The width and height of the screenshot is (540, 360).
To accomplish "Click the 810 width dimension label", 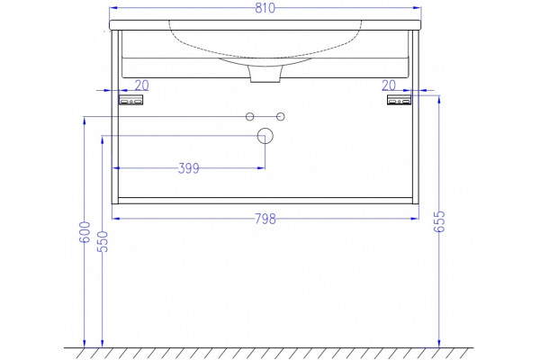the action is pyautogui.click(x=265, y=8).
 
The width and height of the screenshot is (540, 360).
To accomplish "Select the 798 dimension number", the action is pyautogui.click(x=265, y=219).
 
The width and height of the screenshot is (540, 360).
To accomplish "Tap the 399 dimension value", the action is pyautogui.click(x=188, y=168).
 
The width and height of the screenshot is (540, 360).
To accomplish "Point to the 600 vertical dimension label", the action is pyautogui.click(x=85, y=232).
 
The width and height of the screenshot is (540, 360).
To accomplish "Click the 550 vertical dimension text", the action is pyautogui.click(x=103, y=241).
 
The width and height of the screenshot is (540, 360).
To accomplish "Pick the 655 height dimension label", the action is pyautogui.click(x=439, y=222).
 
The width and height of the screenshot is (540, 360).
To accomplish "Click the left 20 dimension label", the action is pyautogui.click(x=141, y=85).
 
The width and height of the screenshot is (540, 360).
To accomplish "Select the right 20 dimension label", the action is pyautogui.click(x=389, y=85).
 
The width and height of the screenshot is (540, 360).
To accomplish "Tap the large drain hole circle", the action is pyautogui.click(x=265, y=136).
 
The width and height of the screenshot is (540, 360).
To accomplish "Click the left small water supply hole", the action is pyautogui.click(x=249, y=117).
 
